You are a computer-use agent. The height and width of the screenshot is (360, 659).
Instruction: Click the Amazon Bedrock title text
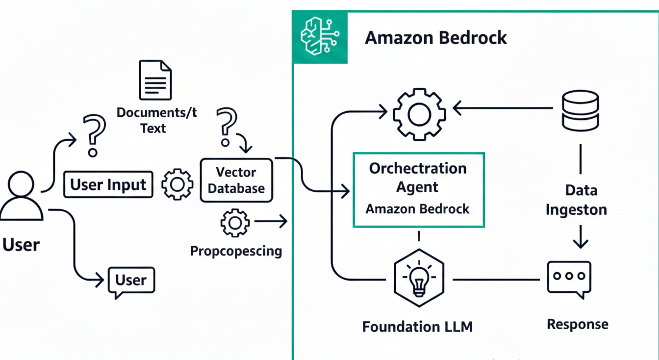pyautogui.click(x=435, y=38)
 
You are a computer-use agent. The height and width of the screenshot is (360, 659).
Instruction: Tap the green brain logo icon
pyautogui.click(x=320, y=37)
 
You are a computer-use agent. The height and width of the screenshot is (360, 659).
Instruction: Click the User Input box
pyautogui.click(x=108, y=184)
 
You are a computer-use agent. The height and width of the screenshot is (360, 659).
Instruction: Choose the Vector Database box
pyautogui.click(x=236, y=180)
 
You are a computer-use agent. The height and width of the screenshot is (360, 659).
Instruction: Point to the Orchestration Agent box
pyautogui.click(x=419, y=190)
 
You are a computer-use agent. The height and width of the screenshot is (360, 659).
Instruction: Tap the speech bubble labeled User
pyautogui.click(x=131, y=281)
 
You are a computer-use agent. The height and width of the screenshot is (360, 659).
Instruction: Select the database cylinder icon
pyautogui.click(x=580, y=110)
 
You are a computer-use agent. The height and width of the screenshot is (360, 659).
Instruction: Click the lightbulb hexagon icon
pyautogui.click(x=419, y=278)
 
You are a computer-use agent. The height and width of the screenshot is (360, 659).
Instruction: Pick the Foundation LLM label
pyautogui.click(x=417, y=326)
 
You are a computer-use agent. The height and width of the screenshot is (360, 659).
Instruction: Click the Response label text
pyautogui.click(x=577, y=324)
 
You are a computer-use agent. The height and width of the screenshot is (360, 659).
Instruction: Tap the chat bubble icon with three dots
pyautogui.click(x=569, y=278)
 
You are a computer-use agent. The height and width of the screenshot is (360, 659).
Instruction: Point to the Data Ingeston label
pyautogui.click(x=576, y=200)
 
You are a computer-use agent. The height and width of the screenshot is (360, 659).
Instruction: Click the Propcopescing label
pyautogui.click(x=236, y=251)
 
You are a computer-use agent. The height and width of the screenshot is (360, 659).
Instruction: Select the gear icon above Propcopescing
pyautogui.click(x=235, y=223)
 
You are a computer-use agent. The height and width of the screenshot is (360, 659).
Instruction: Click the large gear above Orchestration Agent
pyautogui.click(x=419, y=114)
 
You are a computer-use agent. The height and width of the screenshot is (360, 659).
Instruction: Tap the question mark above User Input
pyautogui.click(x=94, y=135)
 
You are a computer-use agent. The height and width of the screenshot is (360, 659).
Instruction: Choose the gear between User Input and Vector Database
pyautogui.click(x=177, y=184)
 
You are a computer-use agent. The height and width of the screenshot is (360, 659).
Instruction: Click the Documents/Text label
pyautogui.click(x=156, y=120)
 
